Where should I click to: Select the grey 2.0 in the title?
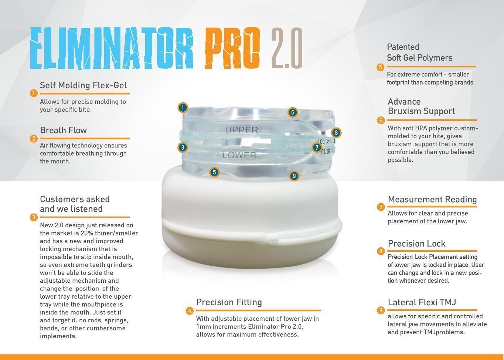click(x=287, y=48)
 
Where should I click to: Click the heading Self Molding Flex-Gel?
click(x=83, y=85)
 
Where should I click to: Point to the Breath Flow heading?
click(x=63, y=130)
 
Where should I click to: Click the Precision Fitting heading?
click(x=229, y=302)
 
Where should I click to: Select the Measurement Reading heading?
click(x=432, y=200)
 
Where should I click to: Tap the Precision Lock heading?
click(x=416, y=244)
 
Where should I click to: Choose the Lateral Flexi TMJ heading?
click(x=422, y=302)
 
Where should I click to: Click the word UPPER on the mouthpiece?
click(x=241, y=130)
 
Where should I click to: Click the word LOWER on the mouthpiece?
click(x=239, y=156)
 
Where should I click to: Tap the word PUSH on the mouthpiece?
click(x=326, y=152)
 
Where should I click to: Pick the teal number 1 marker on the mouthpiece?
click(x=183, y=108)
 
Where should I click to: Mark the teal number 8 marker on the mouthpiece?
click(x=336, y=133)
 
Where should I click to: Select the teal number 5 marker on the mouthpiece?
click(x=214, y=172)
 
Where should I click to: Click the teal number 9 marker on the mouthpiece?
click(x=294, y=176)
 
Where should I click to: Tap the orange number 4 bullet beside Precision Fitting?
click(x=190, y=311)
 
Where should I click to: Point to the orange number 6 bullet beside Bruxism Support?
click(x=381, y=120)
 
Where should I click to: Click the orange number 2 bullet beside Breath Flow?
click(x=34, y=139)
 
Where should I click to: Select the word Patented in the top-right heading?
click(x=403, y=47)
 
